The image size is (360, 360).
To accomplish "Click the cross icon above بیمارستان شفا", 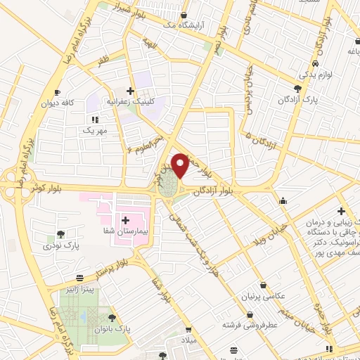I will point(125,221).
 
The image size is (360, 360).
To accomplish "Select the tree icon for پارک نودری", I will point(61,235).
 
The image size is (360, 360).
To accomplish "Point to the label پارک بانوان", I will point(113,328).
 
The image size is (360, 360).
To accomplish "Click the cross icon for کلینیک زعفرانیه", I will point(129,90).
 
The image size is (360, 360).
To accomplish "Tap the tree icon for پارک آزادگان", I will point(297,89).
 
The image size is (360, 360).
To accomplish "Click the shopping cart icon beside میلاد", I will point(188,328).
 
